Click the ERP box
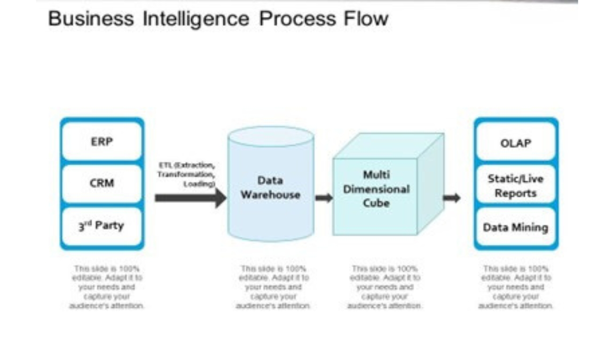click(x=102, y=141)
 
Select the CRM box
click(x=102, y=183)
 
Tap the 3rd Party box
click(x=102, y=226)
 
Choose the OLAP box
click(x=515, y=143)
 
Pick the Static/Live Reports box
click(x=515, y=186)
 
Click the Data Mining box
click(x=515, y=227)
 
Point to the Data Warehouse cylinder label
click(x=270, y=188)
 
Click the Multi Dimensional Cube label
click(x=376, y=189)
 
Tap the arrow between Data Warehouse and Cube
click(x=324, y=198)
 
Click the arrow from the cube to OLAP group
click(x=451, y=198)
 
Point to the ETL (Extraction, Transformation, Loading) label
click(x=187, y=174)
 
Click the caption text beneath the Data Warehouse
click(x=273, y=287)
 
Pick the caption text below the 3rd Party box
click(x=107, y=287)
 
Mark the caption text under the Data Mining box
click(x=516, y=287)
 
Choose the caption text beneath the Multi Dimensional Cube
click(x=385, y=287)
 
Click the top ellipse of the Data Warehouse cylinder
click(x=270, y=136)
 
